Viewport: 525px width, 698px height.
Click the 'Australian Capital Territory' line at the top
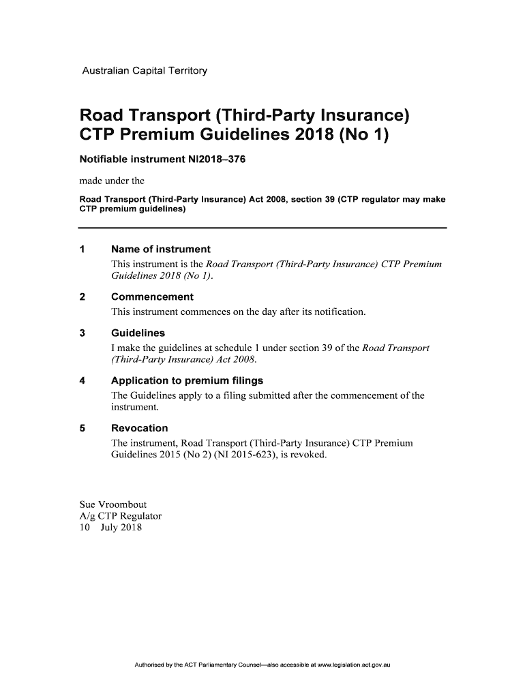pos(144,71)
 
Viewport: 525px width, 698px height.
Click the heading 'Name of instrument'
pos(160,249)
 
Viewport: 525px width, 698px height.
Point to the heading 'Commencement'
pos(152,297)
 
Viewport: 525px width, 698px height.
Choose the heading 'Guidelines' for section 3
pos(138,333)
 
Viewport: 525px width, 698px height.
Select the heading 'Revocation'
pos(139,428)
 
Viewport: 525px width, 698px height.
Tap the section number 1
pos(83,249)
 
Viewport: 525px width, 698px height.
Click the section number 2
pos(83,297)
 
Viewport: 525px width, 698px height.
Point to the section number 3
pos(83,333)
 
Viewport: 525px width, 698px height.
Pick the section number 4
pos(83,380)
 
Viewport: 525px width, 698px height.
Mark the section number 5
pos(83,428)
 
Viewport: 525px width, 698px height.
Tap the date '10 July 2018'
pos(110,528)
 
